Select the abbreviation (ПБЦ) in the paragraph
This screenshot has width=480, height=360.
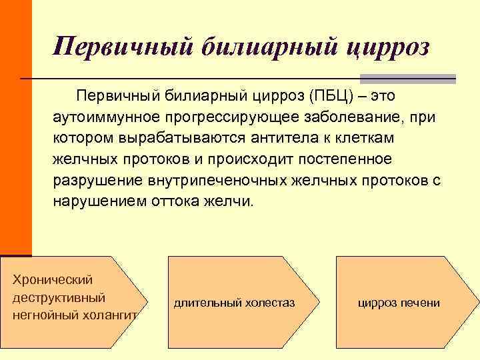(332, 97)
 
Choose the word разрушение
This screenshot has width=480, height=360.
(93, 181)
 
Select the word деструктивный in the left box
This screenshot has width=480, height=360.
(59, 297)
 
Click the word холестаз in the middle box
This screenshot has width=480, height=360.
(269, 303)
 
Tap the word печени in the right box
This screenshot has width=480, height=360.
(421, 303)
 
